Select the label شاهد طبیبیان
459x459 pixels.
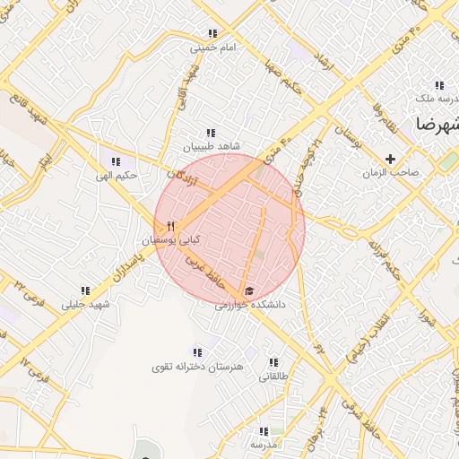tap(211, 145)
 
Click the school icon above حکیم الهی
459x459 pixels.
tap(115, 161)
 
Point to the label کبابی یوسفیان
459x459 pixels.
tap(170, 240)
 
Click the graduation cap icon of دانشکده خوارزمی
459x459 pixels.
tap(249, 290)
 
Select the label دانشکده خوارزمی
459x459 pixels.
tap(249, 305)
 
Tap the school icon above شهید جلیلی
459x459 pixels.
tap(85, 290)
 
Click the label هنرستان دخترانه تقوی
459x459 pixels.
tap(196, 367)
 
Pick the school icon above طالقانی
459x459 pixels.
tap(273, 362)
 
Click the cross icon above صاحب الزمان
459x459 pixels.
tap(389, 158)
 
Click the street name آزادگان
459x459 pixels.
tap(182, 169)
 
